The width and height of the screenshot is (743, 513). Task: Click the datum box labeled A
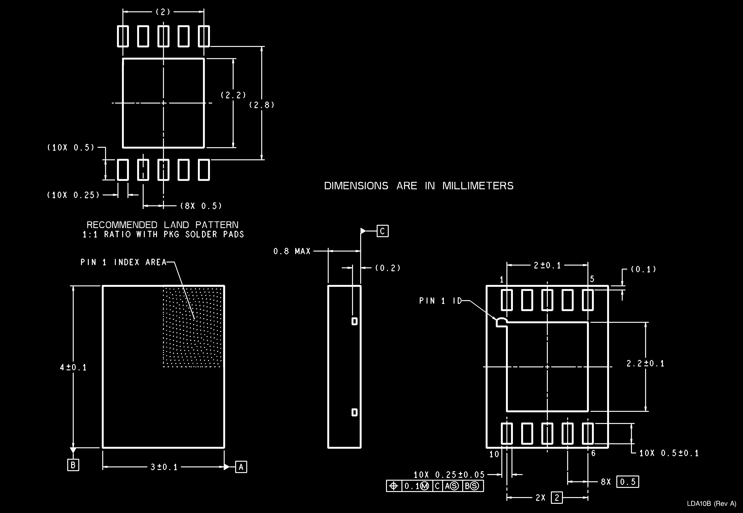click(x=241, y=467)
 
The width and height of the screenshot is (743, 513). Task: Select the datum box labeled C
click(x=382, y=231)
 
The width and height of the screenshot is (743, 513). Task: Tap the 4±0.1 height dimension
click(x=73, y=367)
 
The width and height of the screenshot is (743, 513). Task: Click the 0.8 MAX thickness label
click(x=292, y=251)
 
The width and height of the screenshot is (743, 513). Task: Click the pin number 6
click(x=593, y=453)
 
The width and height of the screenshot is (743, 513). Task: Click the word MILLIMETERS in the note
click(x=478, y=186)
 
